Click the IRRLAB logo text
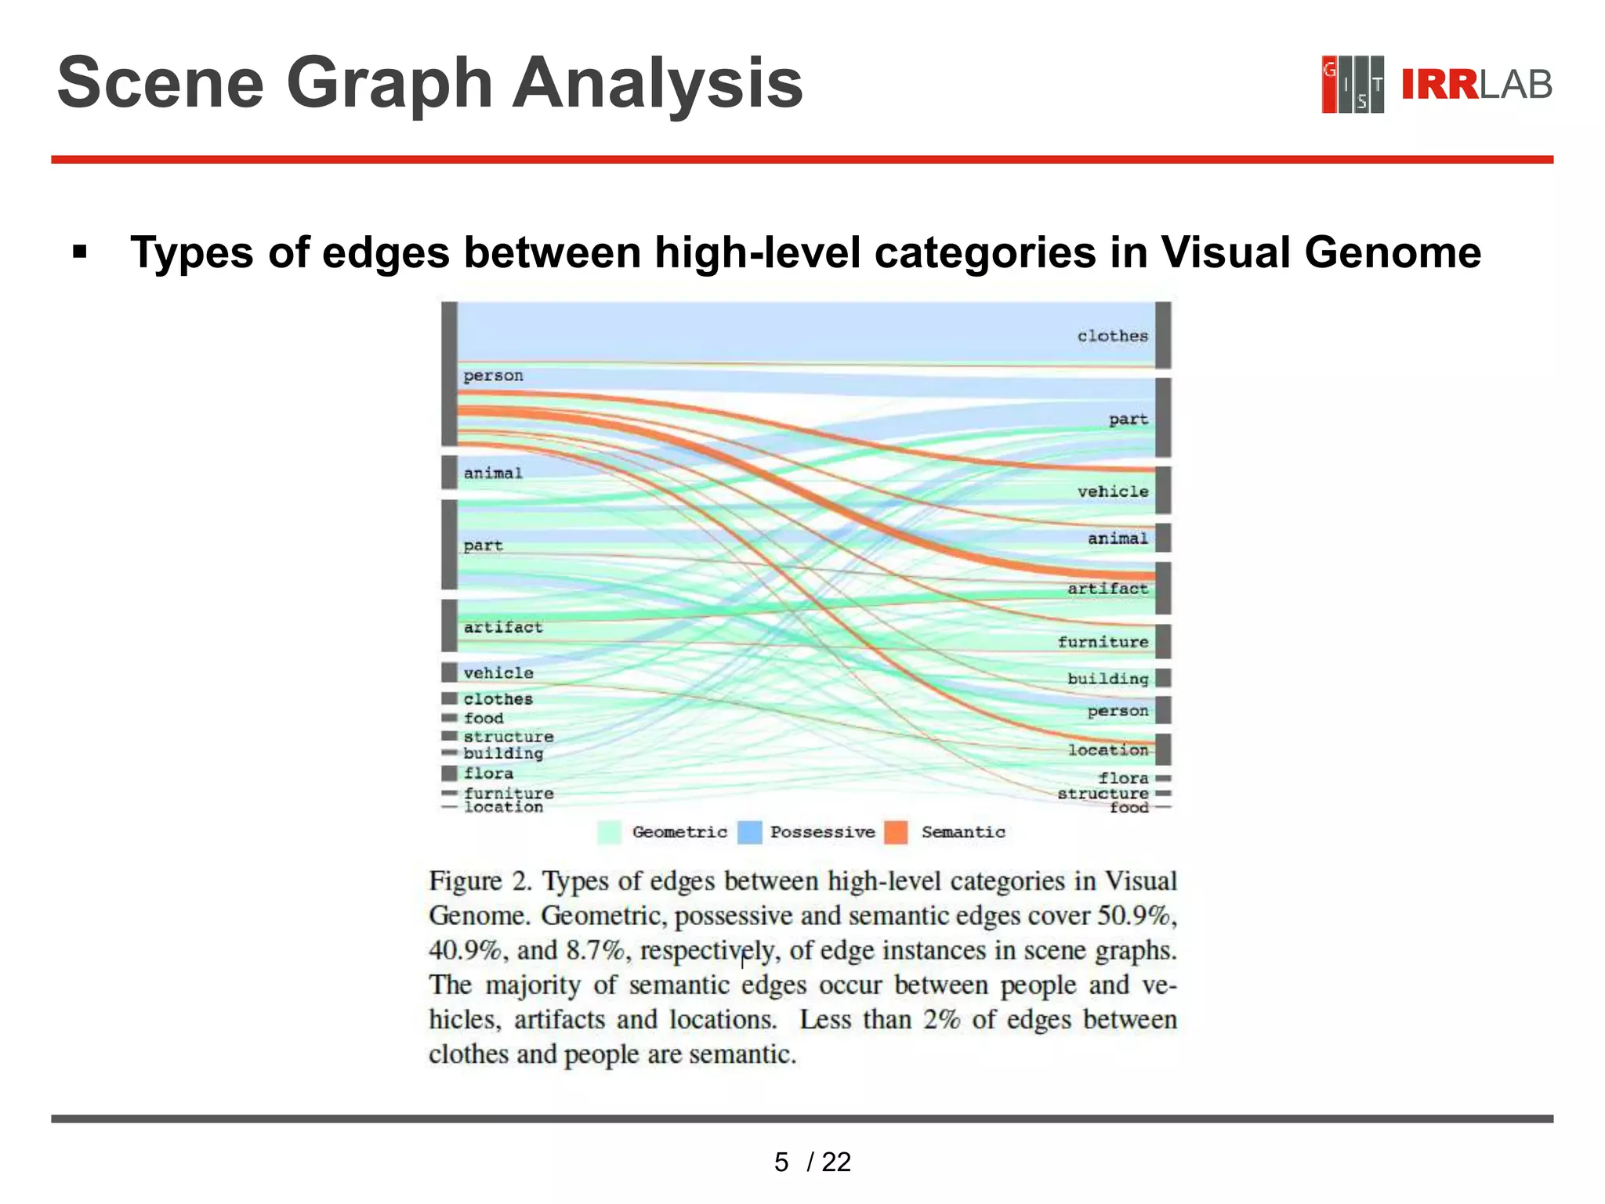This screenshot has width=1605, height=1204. pos(1476,85)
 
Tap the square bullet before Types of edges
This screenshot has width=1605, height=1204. pos(79,252)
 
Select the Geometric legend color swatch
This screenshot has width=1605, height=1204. pos(610,832)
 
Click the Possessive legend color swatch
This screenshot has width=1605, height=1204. pos(750,832)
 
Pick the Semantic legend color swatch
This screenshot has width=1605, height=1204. pos(896,832)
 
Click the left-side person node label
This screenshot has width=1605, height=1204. pos(493,375)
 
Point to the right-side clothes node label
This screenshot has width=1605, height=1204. pos(1112,336)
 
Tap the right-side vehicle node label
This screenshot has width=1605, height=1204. pos(1112,491)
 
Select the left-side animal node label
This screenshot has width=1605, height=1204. pos(492,473)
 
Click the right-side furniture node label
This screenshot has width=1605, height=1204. pos(1103,642)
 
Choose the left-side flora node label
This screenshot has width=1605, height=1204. pos(488,773)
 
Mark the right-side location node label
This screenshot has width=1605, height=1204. pos(1107,750)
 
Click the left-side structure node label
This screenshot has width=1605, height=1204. pos(508,737)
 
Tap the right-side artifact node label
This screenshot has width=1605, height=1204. pos(1107,589)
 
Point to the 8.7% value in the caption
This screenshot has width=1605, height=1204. pos(596,951)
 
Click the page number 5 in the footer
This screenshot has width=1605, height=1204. pos(781,1162)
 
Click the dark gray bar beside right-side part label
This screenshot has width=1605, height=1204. pos(1163,418)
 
